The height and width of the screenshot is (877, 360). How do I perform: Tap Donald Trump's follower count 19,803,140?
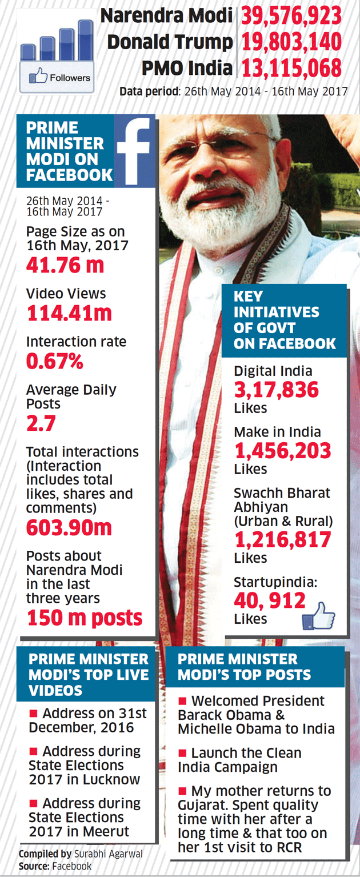click(291, 42)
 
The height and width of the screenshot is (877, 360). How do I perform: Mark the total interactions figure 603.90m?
click(69, 527)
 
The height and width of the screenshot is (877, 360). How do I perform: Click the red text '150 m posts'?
click(85, 618)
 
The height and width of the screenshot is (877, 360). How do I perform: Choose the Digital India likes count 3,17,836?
click(276, 390)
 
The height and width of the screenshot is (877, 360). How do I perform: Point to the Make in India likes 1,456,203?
click(282, 451)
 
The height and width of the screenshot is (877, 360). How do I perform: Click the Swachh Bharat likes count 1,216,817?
click(282, 540)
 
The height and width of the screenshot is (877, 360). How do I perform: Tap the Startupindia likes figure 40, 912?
click(270, 600)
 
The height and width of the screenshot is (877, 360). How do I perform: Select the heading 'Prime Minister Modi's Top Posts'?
click(245, 667)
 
